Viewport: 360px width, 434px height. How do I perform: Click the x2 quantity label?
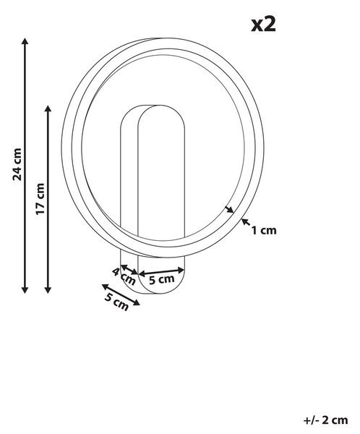pyautogui.click(x=263, y=24)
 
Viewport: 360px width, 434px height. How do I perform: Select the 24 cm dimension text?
pyautogui.click(x=17, y=164)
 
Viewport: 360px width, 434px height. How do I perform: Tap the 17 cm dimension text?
pyautogui.click(x=40, y=198)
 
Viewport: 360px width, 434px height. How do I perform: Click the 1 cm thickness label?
pyautogui.click(x=264, y=230)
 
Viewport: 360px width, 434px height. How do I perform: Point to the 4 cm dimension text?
pyautogui.click(x=124, y=276)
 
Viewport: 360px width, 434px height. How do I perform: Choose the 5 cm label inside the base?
pyautogui.click(x=162, y=279)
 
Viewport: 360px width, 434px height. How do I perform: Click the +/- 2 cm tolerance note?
pyautogui.click(x=325, y=420)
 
